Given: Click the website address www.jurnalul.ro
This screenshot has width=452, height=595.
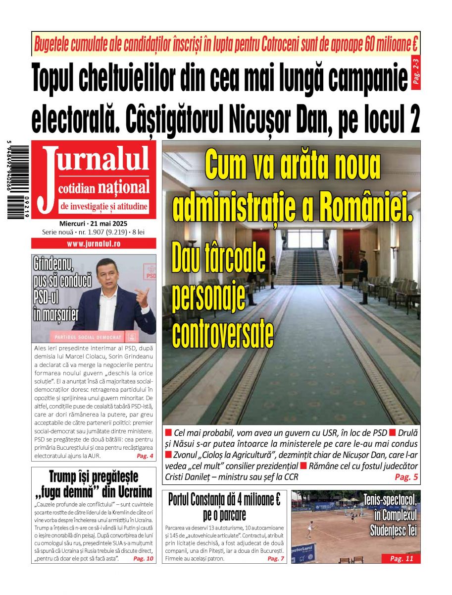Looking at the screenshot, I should pyautogui.click(x=94, y=243).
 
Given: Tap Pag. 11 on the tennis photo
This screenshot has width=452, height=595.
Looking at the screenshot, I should pyautogui.click(x=401, y=558).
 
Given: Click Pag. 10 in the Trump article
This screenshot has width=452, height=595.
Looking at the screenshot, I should pyautogui.click(x=144, y=558).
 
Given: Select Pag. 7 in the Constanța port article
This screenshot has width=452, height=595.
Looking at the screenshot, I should pyautogui.click(x=276, y=558).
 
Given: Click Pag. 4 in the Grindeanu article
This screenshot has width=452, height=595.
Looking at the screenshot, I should pyautogui.click(x=145, y=456).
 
